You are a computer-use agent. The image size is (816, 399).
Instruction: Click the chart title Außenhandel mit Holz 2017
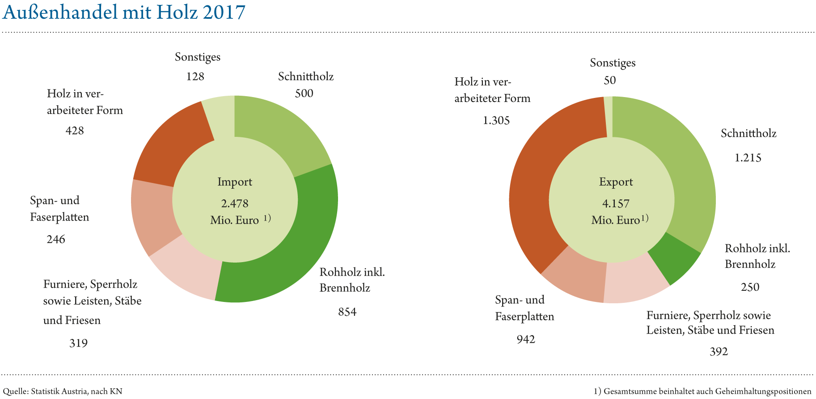124,13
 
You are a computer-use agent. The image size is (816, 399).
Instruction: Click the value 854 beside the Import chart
347,312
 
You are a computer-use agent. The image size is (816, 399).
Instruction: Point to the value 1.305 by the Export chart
496,121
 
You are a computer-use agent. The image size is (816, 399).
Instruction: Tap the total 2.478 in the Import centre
235,204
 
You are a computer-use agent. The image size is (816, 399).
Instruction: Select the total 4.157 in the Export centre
616,204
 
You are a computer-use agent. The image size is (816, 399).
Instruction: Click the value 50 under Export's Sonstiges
609,81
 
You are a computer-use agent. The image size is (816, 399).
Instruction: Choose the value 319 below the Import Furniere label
78,344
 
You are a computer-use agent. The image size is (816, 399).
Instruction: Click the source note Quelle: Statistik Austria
63,391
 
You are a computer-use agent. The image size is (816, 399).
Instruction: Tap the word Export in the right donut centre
616,182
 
